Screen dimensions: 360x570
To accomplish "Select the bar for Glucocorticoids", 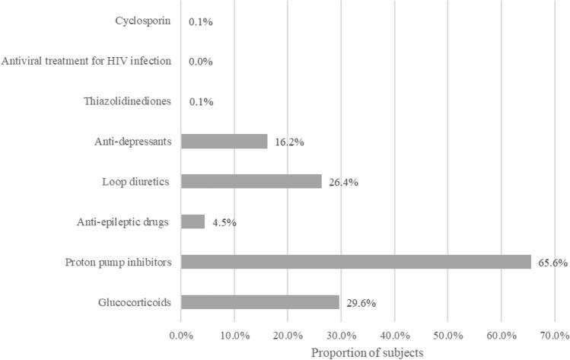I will point(260,302).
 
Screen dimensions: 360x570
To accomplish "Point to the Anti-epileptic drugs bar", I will point(193,221).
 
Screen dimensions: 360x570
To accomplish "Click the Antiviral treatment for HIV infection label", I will point(87,61).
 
